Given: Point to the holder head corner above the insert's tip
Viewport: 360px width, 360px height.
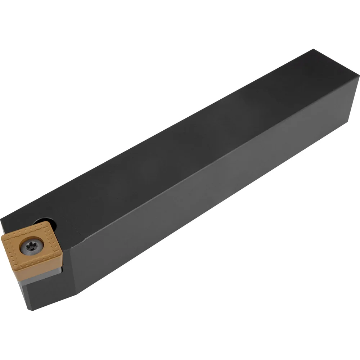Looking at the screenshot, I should pyautogui.click(x=1, y=220).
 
